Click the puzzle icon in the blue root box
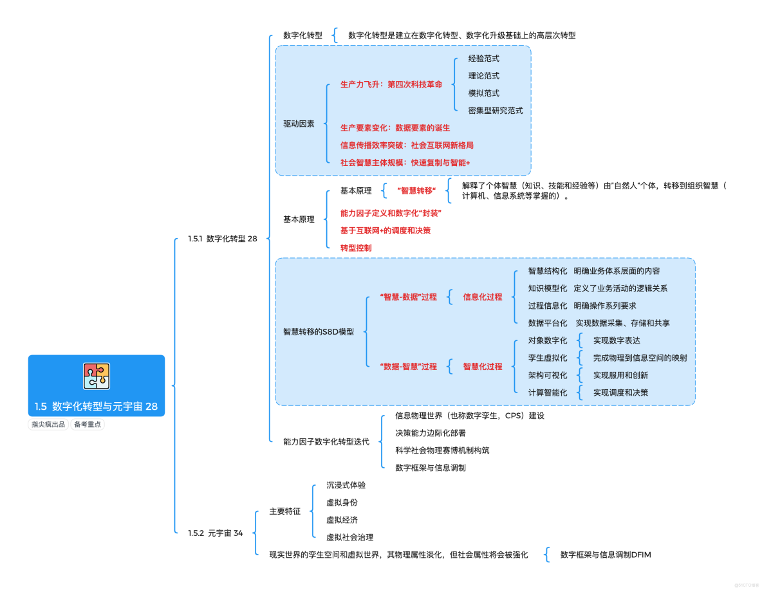(97, 376)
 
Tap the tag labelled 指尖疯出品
(48, 424)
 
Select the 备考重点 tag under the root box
(88, 424)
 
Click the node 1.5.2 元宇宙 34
(216, 533)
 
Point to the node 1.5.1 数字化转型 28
(223, 239)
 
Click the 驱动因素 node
(299, 124)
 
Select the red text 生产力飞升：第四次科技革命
(391, 84)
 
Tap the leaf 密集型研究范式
(496, 111)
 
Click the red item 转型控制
(356, 248)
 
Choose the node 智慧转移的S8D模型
(319, 332)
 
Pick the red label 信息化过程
(483, 297)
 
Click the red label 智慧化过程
(483, 367)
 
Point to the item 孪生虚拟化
(548, 358)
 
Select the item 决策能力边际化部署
(431, 433)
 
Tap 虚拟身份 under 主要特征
(342, 502)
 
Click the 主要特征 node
(284, 512)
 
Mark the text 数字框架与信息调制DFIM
(606, 555)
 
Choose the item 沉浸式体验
(346, 485)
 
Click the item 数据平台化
(548, 323)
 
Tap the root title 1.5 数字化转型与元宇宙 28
(97, 406)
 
